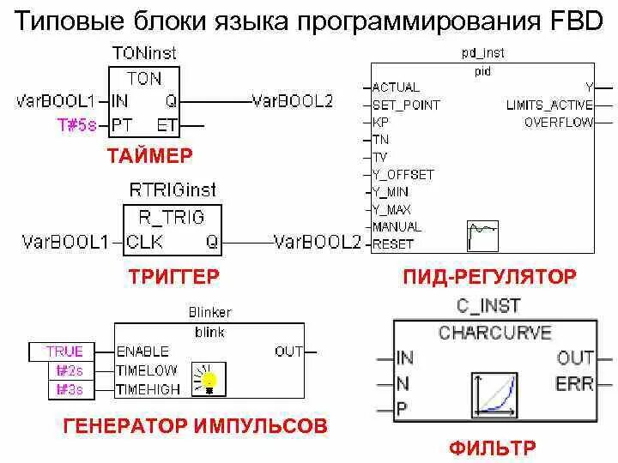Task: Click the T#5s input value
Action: (x=78, y=124)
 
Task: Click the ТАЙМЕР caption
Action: (x=150, y=155)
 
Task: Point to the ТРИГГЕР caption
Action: (x=174, y=276)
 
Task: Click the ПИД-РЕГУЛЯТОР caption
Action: (x=489, y=276)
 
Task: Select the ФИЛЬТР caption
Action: (x=492, y=448)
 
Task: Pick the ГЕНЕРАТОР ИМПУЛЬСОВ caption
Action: (x=196, y=425)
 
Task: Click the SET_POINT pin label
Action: (x=406, y=105)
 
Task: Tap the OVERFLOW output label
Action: (x=559, y=123)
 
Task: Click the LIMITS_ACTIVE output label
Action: (x=549, y=105)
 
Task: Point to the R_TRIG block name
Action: (x=172, y=218)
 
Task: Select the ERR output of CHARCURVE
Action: (x=574, y=383)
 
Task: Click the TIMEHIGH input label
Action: (x=148, y=388)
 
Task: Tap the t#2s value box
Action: (x=70, y=370)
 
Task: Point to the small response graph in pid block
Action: (x=482, y=235)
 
